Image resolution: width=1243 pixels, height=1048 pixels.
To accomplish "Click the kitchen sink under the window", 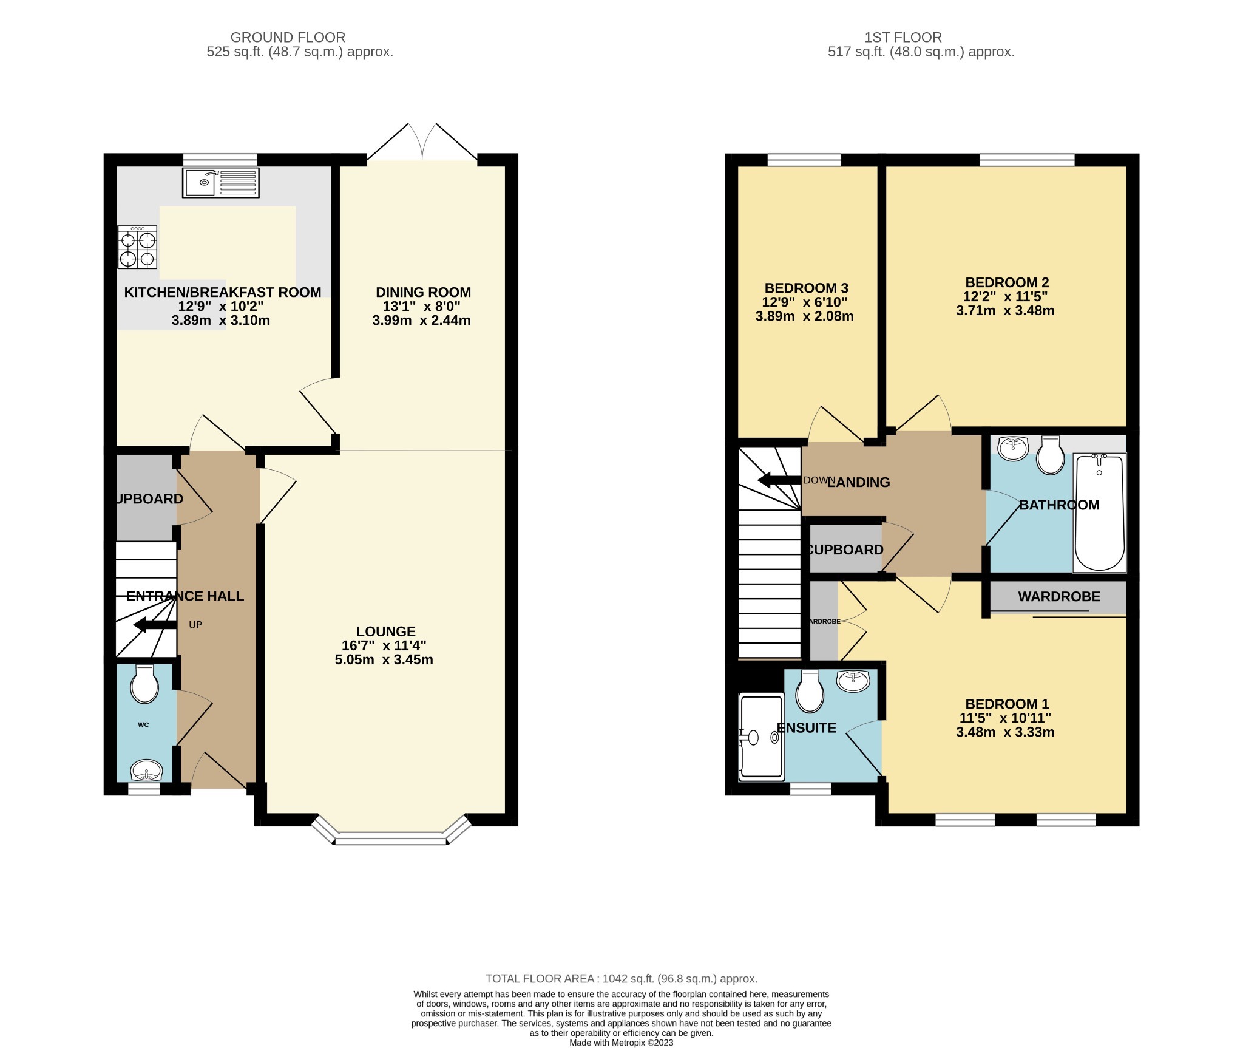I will (220, 183).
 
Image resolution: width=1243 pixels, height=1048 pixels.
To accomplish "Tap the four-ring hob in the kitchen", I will (137, 247).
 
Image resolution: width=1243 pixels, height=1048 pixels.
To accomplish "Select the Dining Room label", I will (423, 292).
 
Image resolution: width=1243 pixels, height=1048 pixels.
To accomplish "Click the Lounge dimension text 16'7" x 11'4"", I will (384, 645).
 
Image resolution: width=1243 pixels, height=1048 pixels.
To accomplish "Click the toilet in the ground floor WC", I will (145, 684).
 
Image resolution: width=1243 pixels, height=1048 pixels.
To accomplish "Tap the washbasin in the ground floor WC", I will (146, 771).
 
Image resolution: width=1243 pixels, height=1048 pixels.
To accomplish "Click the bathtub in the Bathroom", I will (1099, 511).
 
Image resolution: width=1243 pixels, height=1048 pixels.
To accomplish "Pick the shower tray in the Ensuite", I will (761, 737).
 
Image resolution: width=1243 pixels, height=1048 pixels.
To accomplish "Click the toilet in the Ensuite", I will (810, 692).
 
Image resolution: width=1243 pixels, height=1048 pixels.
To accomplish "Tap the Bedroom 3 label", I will (806, 288).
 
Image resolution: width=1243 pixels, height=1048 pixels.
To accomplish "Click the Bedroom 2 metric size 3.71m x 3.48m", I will (1005, 311).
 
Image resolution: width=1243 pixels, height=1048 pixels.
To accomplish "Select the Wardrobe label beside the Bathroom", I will (1059, 596).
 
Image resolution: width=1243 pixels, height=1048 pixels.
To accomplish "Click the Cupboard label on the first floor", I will (845, 550).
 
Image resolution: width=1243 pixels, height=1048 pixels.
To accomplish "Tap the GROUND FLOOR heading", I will (288, 38).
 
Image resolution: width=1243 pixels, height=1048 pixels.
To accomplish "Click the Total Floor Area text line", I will (621, 979).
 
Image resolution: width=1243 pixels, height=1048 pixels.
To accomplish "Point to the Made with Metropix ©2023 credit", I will (621, 1043).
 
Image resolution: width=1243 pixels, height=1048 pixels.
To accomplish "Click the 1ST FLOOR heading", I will (903, 38).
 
